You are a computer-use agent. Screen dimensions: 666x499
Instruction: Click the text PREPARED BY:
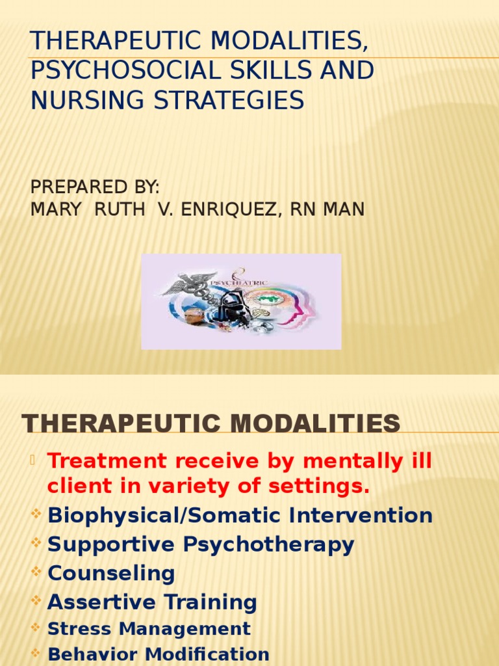coord(95,187)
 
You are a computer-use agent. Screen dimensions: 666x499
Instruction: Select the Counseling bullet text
coord(111,574)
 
